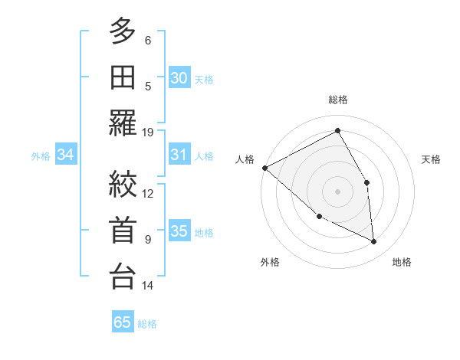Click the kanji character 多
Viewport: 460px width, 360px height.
tap(123, 32)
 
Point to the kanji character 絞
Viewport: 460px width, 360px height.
tap(123, 185)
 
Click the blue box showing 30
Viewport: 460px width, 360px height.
tap(179, 77)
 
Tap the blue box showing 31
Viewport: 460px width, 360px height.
tap(179, 155)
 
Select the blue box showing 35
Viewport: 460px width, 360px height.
tap(179, 231)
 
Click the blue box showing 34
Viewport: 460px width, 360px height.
tap(65, 155)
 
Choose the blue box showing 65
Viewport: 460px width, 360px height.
tap(122, 322)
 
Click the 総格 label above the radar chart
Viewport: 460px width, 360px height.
tap(337, 100)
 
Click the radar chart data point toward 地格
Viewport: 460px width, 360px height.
tap(373, 241)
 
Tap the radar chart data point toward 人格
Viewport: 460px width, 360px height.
tap(264, 168)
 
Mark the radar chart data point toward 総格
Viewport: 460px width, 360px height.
tap(337, 130)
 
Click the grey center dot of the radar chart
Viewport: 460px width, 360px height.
tap(337, 191)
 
